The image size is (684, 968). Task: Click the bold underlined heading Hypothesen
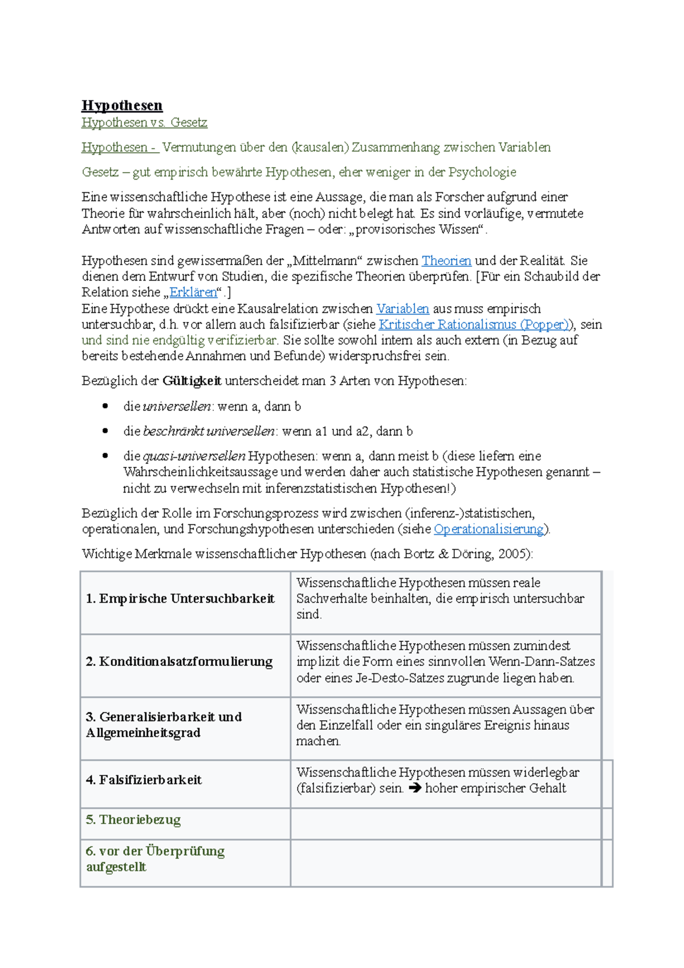(122, 105)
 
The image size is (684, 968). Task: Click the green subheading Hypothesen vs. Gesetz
(144, 123)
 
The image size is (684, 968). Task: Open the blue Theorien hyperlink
(446, 261)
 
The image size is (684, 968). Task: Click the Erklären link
(193, 292)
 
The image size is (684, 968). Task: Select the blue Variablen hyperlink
(402, 309)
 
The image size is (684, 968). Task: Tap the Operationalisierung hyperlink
(488, 529)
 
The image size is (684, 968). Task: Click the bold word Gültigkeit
(192, 381)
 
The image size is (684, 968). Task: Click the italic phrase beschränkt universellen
(209, 432)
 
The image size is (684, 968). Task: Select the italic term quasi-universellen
(194, 456)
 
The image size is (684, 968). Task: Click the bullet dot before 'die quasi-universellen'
(105, 456)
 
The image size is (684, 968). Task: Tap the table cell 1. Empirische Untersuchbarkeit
(180, 599)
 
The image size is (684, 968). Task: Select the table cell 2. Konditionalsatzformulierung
(179, 662)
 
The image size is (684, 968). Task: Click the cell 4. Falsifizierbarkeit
(144, 780)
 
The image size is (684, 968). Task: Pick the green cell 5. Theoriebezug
(133, 820)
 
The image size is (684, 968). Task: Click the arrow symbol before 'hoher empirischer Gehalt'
(415, 788)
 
